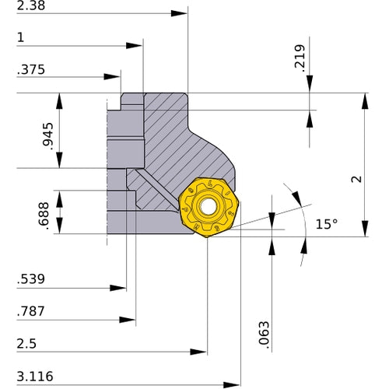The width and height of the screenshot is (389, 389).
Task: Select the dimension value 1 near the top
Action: pyautogui.click(x=19, y=37)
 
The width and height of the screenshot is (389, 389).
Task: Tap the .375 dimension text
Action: pyautogui.click(x=30, y=69)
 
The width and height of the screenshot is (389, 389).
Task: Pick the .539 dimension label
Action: pyautogui.click(x=30, y=279)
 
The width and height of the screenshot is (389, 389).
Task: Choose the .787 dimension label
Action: pyautogui.click(x=30, y=311)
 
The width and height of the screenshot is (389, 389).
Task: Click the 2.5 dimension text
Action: pyautogui.click(x=25, y=343)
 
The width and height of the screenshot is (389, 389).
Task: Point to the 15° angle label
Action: pyautogui.click(x=326, y=224)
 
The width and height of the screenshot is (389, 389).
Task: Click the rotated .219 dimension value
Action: pyautogui.click(x=300, y=58)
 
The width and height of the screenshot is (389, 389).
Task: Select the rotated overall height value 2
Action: pyautogui.click(x=356, y=179)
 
